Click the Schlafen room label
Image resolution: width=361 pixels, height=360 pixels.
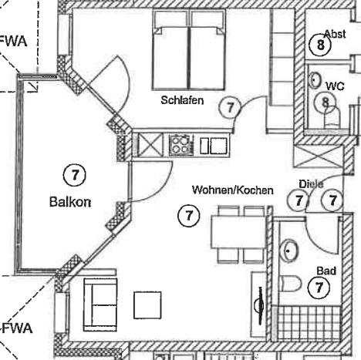click(182, 100)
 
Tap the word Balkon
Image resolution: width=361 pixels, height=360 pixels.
click(70, 202)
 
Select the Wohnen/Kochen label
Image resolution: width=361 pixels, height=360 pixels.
click(233, 190)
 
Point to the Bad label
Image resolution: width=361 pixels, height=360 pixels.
click(326, 271)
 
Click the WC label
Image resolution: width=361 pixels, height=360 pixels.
click(335, 86)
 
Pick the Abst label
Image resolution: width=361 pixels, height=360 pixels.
click(335, 34)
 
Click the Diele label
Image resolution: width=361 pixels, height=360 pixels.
click(311, 183)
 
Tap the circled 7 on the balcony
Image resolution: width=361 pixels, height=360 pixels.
click(75, 175)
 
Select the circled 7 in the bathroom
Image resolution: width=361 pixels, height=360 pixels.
click(319, 288)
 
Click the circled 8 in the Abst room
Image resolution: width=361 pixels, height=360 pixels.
click(320, 45)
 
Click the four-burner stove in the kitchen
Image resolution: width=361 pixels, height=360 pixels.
click(181, 145)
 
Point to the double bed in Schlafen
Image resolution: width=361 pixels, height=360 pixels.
click(189, 49)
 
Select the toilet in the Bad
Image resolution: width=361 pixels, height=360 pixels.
click(290, 284)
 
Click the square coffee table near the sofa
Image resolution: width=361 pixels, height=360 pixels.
click(147, 305)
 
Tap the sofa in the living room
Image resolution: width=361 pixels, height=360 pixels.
click(100, 304)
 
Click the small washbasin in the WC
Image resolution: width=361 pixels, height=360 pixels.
click(315, 79)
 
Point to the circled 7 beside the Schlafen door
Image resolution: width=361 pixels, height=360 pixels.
click(230, 107)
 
